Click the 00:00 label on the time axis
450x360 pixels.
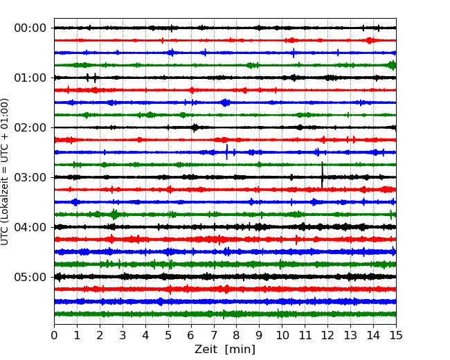tap(30, 28)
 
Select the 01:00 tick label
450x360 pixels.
tap(30, 78)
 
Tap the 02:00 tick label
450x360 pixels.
tap(30, 128)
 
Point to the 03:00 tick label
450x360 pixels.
tap(30, 177)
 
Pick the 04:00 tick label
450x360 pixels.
tap(30, 227)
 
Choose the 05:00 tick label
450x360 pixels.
tap(30, 278)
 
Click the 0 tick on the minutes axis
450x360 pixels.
tap(54, 335)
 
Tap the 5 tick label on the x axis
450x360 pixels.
tap(168, 335)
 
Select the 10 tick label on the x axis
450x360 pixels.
tap(282, 335)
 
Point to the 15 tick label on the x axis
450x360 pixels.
tap(396, 335)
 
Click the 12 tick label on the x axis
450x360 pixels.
tap(327, 335)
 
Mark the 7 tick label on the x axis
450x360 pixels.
tap(214, 335)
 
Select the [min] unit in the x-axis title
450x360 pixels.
tap(240, 350)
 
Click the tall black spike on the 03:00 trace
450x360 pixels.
tap(322, 174)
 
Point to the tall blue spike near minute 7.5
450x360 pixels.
tap(227, 152)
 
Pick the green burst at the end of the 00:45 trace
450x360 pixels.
tap(392, 65)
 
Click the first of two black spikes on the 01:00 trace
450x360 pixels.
tap(87, 78)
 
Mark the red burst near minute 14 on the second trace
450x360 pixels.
tap(370, 40)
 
